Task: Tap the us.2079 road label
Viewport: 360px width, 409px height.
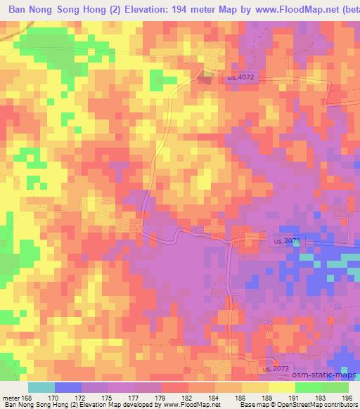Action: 285,241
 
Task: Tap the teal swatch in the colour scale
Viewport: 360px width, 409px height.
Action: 41,387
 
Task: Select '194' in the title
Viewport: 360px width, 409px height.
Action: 210,8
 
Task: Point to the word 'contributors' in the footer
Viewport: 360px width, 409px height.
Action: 343,405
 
